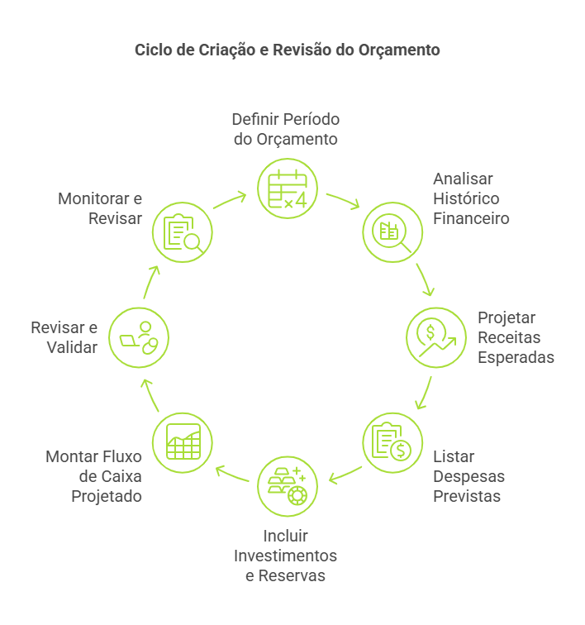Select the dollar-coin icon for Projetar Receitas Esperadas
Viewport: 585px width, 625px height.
point(435,338)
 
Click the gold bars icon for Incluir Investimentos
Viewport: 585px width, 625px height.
point(287,485)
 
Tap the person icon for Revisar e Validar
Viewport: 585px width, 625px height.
point(139,338)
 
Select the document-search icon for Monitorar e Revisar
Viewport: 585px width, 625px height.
point(183,232)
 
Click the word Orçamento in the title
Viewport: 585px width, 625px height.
point(399,50)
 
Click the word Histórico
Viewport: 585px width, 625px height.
point(466,199)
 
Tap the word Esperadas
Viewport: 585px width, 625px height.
point(516,358)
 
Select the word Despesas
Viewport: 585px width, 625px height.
point(468,477)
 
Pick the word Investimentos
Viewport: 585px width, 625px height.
point(285,555)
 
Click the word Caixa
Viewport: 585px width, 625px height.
point(121,477)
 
